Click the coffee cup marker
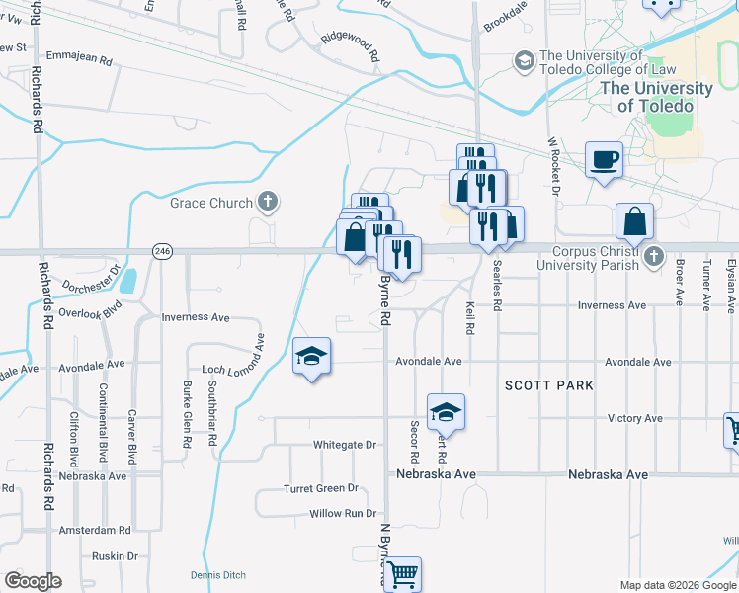point(604,159)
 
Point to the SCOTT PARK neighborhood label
point(549,385)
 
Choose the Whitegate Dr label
point(345,445)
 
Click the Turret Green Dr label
point(320,489)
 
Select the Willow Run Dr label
point(343,514)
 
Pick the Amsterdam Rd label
point(95,531)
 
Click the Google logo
point(33,581)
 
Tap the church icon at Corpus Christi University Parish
point(652,258)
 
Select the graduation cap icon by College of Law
point(523,62)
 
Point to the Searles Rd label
point(496,294)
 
